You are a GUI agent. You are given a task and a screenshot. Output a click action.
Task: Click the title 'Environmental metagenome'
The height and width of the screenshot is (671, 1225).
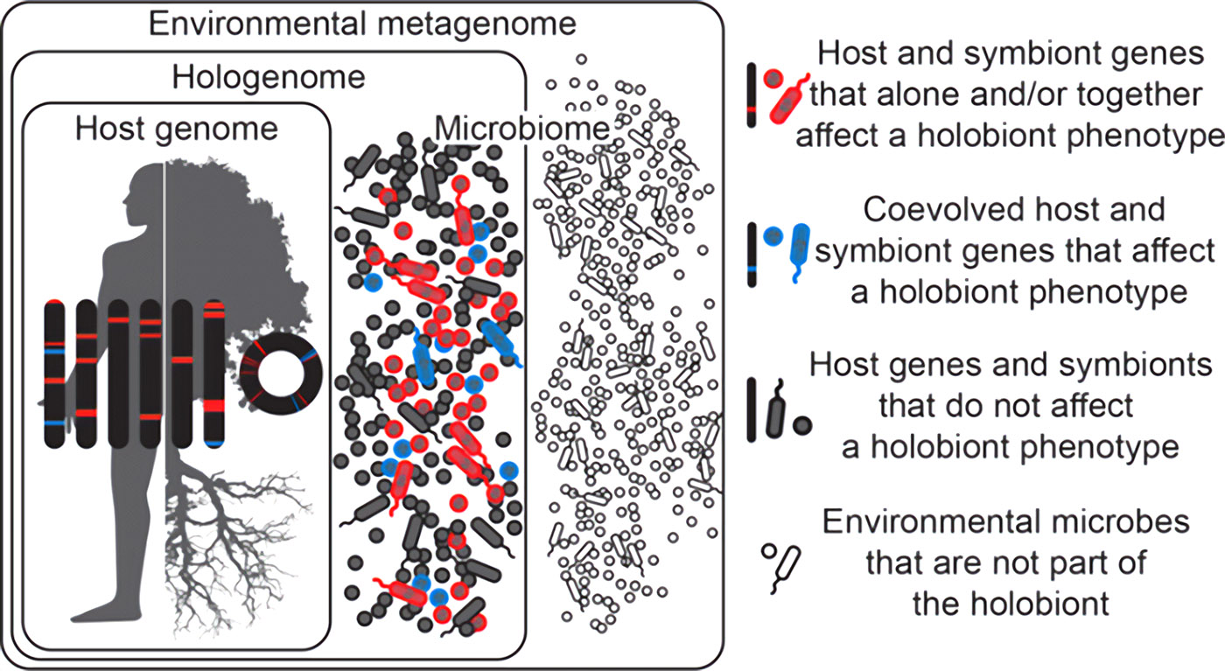[362, 24]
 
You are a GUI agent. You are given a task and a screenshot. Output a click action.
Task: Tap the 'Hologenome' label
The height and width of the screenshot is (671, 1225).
[269, 78]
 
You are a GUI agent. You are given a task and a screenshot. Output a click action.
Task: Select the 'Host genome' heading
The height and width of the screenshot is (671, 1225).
[177, 129]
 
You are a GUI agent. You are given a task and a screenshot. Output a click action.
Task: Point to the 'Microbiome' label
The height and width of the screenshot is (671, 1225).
[521, 129]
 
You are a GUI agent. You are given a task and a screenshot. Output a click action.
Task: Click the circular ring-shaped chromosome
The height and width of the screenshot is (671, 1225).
[281, 342]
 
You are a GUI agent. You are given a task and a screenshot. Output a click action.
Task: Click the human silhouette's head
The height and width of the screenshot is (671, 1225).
[143, 194]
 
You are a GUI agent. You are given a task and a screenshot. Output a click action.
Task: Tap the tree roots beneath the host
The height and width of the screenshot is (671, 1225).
[229, 547]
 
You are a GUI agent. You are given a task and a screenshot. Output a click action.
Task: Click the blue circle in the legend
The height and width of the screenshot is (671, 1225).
[773, 236]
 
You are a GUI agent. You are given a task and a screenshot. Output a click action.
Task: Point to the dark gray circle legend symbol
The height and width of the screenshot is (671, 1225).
[802, 425]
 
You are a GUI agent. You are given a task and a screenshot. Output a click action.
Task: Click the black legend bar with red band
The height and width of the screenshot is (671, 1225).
[752, 95]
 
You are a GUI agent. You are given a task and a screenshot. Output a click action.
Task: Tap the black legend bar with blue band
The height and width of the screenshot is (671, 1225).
[752, 255]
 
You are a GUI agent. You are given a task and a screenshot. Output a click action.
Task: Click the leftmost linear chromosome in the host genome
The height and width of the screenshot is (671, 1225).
[54, 374]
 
